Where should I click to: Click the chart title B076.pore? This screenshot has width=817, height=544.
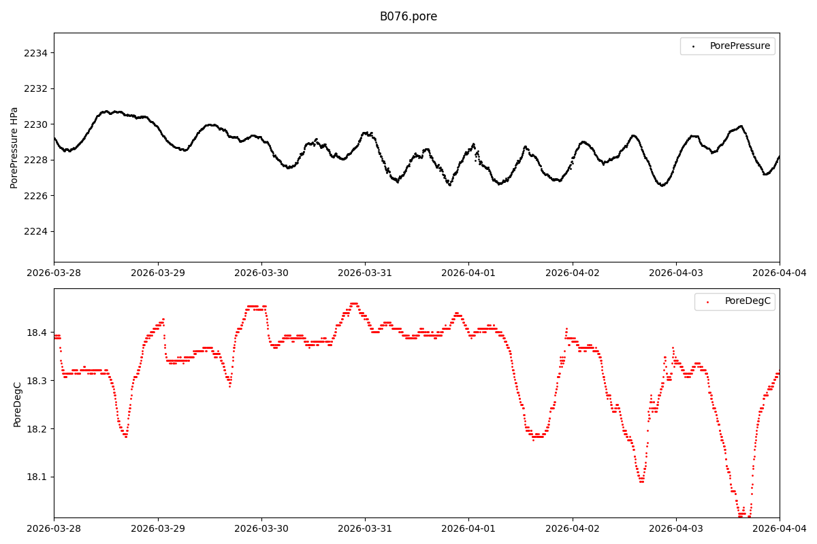(408, 16)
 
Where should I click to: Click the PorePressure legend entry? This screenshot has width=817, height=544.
(739, 46)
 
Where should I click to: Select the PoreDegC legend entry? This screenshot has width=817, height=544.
(747, 301)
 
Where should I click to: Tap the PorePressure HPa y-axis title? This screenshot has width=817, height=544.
(14, 148)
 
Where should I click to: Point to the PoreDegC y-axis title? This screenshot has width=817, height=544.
(18, 403)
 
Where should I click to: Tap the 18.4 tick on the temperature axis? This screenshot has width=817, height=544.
(38, 333)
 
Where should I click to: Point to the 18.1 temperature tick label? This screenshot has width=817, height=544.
(38, 477)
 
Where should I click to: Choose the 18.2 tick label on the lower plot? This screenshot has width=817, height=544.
(38, 428)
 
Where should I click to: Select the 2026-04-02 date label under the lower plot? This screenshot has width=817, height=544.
(573, 529)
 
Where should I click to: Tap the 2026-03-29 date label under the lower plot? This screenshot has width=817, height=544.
(158, 529)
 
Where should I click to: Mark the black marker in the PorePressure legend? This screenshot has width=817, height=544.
(693, 46)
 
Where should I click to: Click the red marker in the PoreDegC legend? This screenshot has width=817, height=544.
(707, 301)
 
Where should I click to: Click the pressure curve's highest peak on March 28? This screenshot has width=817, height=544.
(106, 111)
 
